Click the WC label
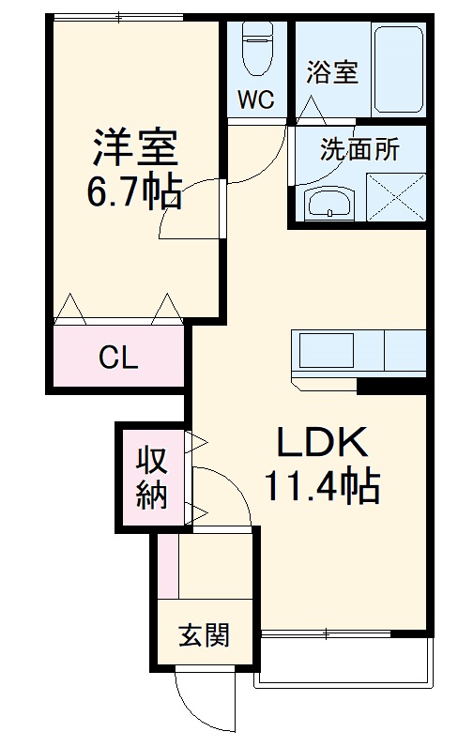coord(256,99)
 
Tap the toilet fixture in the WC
coord(256,49)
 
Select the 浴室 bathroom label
coord(331,72)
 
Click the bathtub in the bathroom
coord(399,69)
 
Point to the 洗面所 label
coord(359,149)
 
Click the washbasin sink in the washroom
coord(329,204)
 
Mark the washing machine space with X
coord(396,197)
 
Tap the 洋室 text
coord(135,146)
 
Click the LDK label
coord(323,443)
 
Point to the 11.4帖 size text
coord(323,486)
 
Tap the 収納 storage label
coord(152,479)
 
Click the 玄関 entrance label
coord(205,635)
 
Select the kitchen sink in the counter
coord(327,350)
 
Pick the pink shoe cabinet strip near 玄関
coord(168,566)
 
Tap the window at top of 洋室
coord(118,18)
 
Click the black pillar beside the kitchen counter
coord(391,386)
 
